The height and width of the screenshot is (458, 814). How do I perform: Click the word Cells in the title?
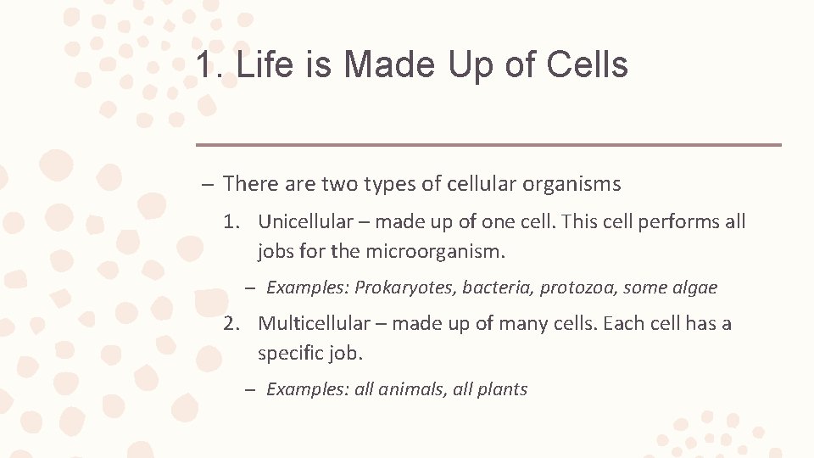588,65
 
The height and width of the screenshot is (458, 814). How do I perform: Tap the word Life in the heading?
264,65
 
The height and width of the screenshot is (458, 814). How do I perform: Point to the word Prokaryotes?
405,288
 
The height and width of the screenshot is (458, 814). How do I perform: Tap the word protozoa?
578,288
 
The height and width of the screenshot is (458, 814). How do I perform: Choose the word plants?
503,390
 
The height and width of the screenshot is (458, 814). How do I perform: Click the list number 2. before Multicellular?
231,324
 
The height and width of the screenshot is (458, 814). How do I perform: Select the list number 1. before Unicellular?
231,222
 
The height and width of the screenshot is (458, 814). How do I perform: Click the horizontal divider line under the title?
488,145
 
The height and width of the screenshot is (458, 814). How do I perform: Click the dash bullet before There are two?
207,185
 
